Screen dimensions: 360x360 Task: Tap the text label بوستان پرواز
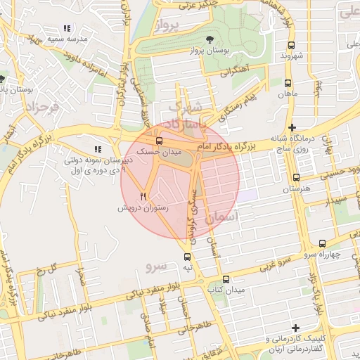(207, 51)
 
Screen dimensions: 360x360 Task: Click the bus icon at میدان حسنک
(157, 140)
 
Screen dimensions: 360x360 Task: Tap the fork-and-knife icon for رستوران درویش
(143, 196)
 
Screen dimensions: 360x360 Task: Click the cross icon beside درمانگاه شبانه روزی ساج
(291, 127)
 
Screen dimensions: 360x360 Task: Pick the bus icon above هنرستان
(296, 178)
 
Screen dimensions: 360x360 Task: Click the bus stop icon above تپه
(187, 257)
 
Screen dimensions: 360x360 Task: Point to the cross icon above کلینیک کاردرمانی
(295, 328)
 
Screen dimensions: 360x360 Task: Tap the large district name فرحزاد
(40, 107)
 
